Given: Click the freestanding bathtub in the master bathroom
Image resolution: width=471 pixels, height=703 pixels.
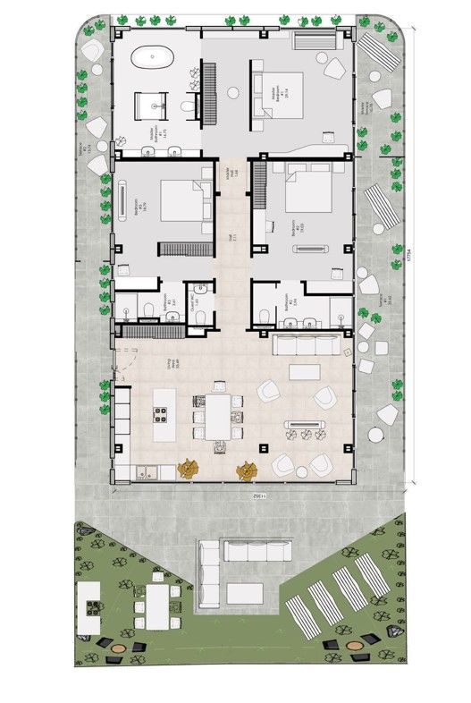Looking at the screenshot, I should tap(152, 58).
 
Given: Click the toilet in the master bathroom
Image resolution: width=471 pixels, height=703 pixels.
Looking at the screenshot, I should tap(187, 108).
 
